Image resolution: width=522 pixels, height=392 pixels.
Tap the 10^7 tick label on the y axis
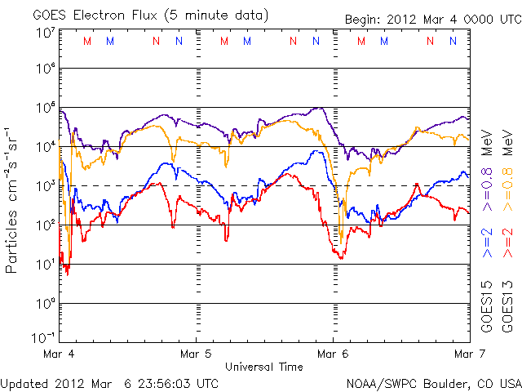[45, 33]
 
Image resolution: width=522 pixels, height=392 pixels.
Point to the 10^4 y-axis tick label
[45, 146]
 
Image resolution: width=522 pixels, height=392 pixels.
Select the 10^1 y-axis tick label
[45, 264]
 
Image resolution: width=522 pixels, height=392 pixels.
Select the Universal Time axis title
[264, 367]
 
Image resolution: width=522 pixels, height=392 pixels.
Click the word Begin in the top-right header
[364, 19]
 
